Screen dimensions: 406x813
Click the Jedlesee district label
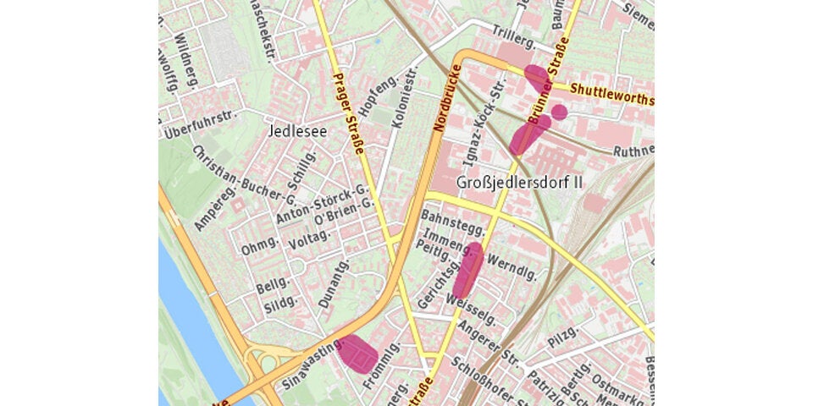pos(295,131)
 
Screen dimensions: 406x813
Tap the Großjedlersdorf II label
pos(519,183)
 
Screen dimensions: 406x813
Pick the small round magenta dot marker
pos(559,112)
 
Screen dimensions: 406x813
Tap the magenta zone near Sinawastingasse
pos(357,352)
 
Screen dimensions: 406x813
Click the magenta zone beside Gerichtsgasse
pos(468,270)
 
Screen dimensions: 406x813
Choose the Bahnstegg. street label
pos(451,224)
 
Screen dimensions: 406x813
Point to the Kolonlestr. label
pos(406,97)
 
